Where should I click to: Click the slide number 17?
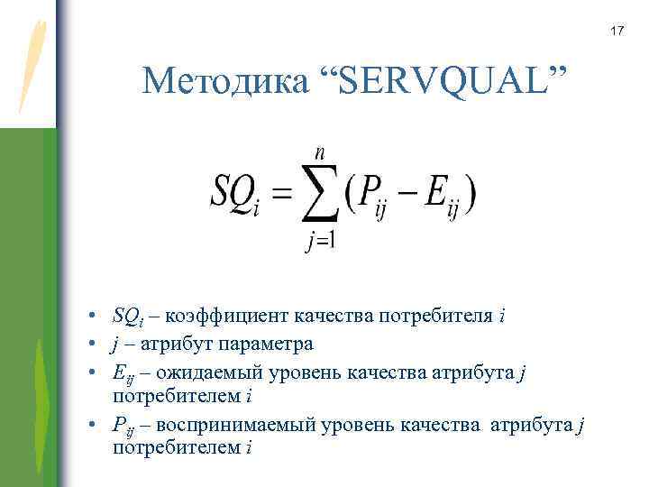click(x=617, y=32)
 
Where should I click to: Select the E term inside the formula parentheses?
click(x=439, y=193)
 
